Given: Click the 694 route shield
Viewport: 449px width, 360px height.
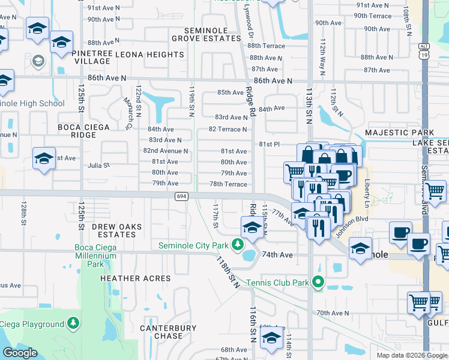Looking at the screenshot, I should click(182, 196).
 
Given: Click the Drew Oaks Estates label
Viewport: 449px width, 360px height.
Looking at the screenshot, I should click(107, 230).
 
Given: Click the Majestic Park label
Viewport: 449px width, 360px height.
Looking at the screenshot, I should click(402, 132).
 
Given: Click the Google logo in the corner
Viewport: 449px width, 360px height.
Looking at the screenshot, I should click(20, 353).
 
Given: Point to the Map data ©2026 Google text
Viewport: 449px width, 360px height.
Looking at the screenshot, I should click(411, 355).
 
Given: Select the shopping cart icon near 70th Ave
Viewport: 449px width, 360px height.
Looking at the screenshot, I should click(418, 302).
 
